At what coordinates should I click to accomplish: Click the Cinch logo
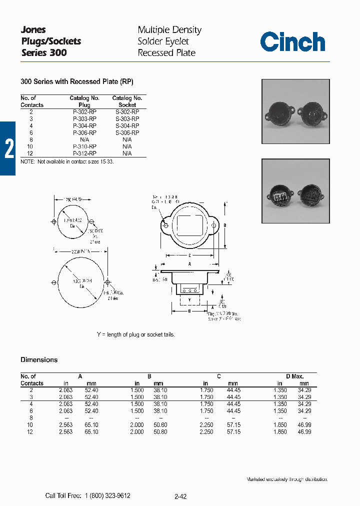coord(292,42)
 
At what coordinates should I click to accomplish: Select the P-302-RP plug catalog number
coord(84,112)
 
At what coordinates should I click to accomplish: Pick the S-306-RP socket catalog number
coord(127,133)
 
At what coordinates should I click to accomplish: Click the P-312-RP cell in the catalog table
coord(84,153)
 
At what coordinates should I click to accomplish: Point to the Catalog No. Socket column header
coord(127,101)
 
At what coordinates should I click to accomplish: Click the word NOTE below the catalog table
coord(27,162)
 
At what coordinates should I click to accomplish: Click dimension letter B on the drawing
coord(224,225)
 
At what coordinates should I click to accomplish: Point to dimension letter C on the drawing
coord(190,255)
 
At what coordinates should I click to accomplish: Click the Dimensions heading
coord(39,360)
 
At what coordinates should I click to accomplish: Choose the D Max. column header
coord(294,376)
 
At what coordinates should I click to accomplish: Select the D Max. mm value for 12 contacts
coord(304,431)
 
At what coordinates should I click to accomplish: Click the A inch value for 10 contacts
coord(65,425)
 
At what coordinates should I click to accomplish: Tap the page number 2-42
coord(180,496)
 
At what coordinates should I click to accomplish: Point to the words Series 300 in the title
coord(44,52)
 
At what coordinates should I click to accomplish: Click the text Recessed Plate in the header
coord(166,52)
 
